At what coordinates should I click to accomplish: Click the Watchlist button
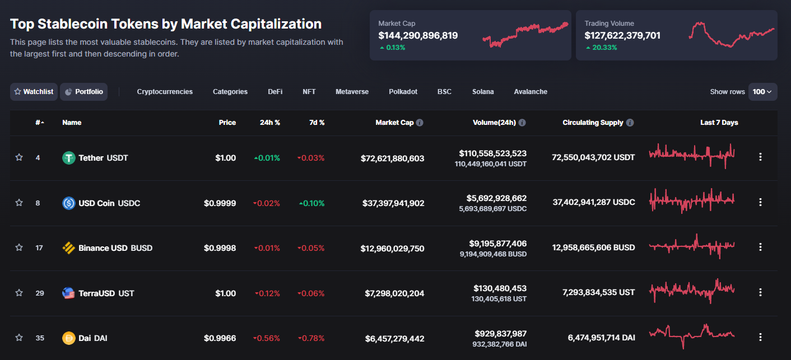click(x=34, y=92)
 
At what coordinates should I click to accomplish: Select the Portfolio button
click(x=83, y=92)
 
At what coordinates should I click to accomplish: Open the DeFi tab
click(x=275, y=92)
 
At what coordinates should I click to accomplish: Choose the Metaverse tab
click(x=352, y=92)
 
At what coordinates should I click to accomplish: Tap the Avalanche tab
click(x=531, y=92)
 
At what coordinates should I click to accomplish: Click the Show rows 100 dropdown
click(x=762, y=92)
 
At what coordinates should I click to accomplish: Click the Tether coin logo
click(x=68, y=158)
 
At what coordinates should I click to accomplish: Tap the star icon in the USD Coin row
click(x=19, y=203)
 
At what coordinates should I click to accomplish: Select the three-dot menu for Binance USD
click(x=760, y=247)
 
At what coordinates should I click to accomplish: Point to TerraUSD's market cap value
click(x=392, y=293)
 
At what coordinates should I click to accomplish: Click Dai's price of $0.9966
click(x=220, y=338)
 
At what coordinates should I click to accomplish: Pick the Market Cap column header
click(x=394, y=123)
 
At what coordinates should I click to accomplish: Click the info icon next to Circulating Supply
click(x=630, y=123)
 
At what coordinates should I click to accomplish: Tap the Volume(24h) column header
click(x=494, y=123)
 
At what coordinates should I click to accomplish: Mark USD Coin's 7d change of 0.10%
click(x=311, y=203)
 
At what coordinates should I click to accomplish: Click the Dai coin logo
click(x=68, y=338)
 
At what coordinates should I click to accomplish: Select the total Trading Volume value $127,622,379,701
click(x=622, y=36)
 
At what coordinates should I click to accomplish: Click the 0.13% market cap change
click(x=395, y=48)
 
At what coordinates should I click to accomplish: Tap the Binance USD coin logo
click(x=68, y=248)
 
